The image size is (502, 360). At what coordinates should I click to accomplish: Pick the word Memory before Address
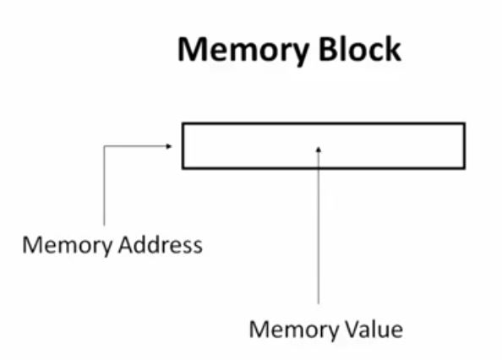[x=63, y=246]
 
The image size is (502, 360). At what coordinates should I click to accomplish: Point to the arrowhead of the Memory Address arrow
[x=169, y=145]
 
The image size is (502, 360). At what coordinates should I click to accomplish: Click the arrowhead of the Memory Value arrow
[x=319, y=150]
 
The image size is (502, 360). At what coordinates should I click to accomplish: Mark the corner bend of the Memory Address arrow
[x=104, y=145]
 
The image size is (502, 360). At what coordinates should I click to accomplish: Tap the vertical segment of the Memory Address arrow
[x=104, y=186]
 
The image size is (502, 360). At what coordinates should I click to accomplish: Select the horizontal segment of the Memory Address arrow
[x=135, y=145]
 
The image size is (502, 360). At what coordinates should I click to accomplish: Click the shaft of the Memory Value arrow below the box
[x=319, y=237]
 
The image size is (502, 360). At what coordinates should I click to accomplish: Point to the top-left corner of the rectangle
[x=183, y=124]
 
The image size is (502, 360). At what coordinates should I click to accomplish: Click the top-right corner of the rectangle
[x=464, y=124]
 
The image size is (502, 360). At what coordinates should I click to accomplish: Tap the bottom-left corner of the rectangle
[x=183, y=167]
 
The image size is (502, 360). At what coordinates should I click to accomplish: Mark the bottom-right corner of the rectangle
[x=464, y=167]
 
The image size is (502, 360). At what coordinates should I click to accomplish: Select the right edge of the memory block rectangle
[x=464, y=145]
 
